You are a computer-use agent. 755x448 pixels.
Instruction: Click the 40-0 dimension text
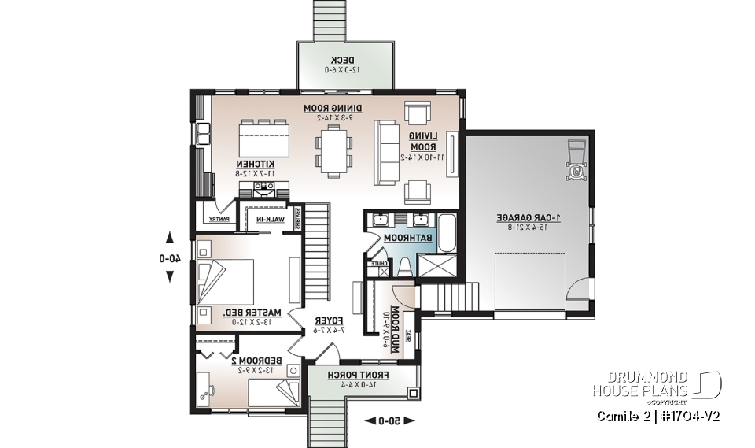169,257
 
